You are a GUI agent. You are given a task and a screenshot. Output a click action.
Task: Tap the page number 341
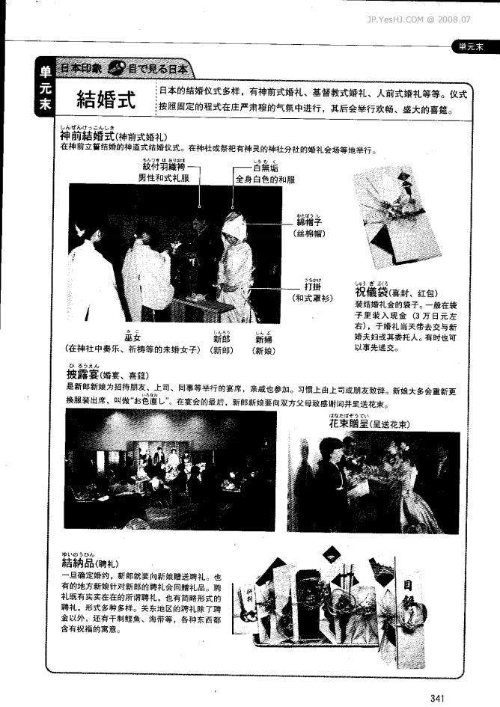(439, 697)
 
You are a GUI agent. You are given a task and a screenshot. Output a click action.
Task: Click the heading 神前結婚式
(86, 137)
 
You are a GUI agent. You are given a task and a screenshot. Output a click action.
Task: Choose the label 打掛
(312, 286)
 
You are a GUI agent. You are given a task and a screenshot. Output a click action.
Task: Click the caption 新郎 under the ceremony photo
(222, 339)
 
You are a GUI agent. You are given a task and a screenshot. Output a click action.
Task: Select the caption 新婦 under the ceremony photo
(263, 339)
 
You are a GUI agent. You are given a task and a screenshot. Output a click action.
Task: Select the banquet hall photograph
(169, 470)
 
